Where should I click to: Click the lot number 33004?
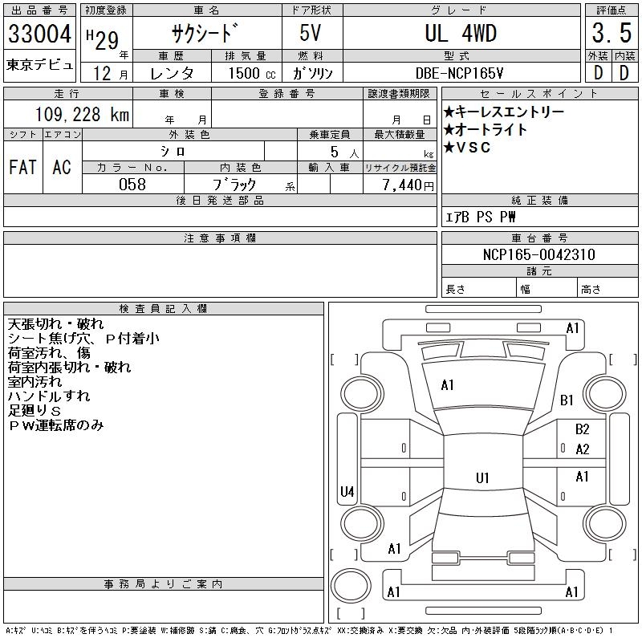pyautogui.click(x=39, y=34)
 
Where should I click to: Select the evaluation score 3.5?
pyautogui.click(x=609, y=34)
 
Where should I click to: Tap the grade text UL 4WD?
pyautogui.click(x=460, y=34)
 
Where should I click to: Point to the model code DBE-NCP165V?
pyautogui.click(x=460, y=72)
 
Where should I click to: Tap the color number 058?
pyautogui.click(x=132, y=185)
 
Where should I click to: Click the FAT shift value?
pyautogui.click(x=22, y=167)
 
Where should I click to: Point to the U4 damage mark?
pyautogui.click(x=347, y=491)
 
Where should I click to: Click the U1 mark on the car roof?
pyautogui.click(x=482, y=478)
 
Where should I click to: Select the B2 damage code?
pyautogui.click(x=582, y=429)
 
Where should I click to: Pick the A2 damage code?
pyautogui.click(x=582, y=449)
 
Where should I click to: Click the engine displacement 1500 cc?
pyautogui.click(x=246, y=72)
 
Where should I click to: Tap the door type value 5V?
pyautogui.click(x=312, y=34)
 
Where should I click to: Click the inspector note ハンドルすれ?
pyautogui.click(x=49, y=396)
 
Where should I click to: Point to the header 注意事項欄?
pyautogui.click(x=219, y=238)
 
